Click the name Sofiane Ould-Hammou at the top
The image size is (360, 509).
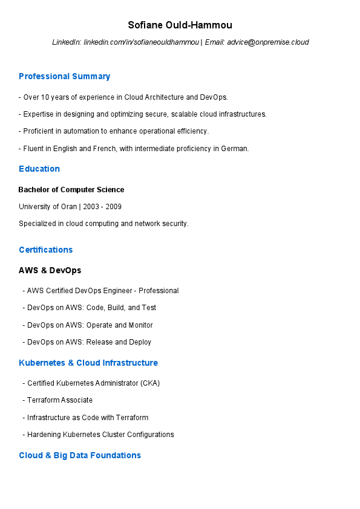coord(180,25)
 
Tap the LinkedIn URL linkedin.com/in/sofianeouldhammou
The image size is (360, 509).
coord(141,42)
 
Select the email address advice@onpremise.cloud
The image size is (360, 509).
coord(268,42)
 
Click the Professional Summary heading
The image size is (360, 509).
coord(64,77)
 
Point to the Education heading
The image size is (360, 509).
coord(39,169)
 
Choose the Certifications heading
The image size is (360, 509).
coord(45,250)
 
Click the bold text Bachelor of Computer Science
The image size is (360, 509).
coord(71,190)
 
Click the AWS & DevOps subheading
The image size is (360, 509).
coord(50,270)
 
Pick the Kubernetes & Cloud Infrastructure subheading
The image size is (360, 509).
coord(88,363)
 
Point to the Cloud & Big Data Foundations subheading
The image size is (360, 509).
coord(80,455)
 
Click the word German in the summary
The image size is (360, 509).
coord(237,148)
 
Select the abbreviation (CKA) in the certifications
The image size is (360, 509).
coord(149,383)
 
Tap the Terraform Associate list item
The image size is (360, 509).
coord(60,400)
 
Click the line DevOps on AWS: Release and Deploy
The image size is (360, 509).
coord(89,342)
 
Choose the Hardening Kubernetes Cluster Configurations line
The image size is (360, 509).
coord(100,435)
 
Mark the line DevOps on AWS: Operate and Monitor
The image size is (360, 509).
coord(90,325)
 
